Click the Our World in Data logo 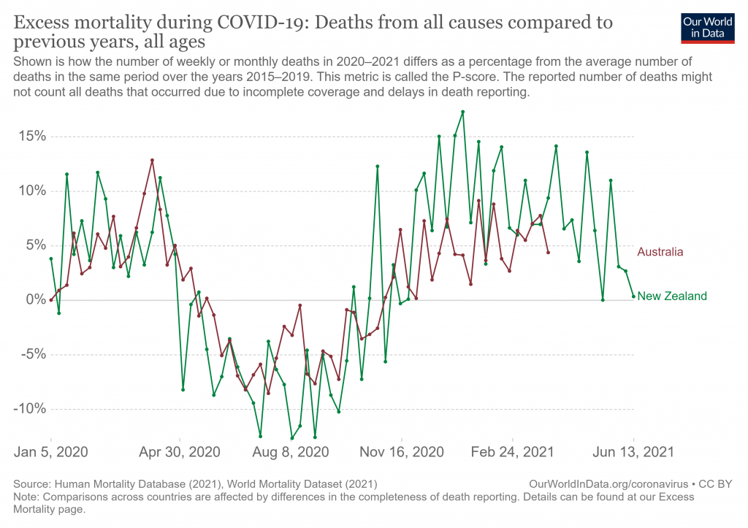pos(707,27)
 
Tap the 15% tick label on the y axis pos(29,137)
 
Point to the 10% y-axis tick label pos(29,191)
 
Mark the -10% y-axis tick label pos(27,409)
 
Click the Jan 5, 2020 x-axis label pos(51,452)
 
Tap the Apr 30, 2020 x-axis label pos(180,452)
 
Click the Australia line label pos(660,253)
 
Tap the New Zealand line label pos(672,296)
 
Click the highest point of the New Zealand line pos(462,112)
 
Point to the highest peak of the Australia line pos(152,160)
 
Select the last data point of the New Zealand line pos(633,296)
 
